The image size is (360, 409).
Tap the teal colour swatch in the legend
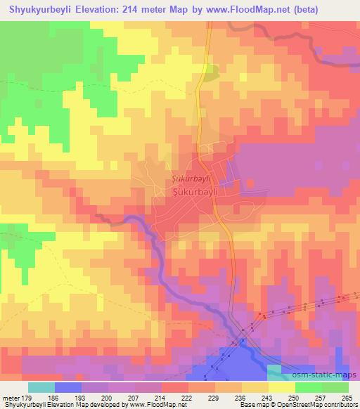[41, 387]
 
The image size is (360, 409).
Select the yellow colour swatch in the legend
[281, 387]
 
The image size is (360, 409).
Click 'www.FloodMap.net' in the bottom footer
[152, 405]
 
